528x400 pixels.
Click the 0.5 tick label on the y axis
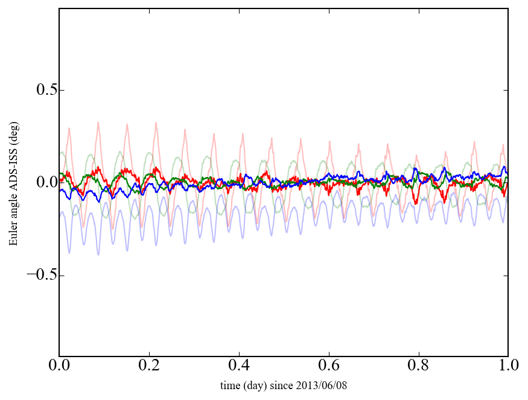click(37, 91)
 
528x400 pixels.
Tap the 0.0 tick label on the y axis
click(37, 183)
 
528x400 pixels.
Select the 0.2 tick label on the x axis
click(149, 366)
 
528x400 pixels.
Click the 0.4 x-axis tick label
click(239, 366)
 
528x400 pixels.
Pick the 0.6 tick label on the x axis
click(329, 366)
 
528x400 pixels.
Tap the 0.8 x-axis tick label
click(418, 366)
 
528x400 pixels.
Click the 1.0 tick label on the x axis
click(508, 366)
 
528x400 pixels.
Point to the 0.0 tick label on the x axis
click(59, 366)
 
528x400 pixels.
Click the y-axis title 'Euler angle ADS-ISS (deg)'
click(13, 182)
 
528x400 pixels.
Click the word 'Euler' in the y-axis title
click(13, 233)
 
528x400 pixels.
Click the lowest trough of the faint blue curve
click(98, 254)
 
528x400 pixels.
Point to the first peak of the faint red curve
click(69, 128)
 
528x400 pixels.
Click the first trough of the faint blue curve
click(69, 252)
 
